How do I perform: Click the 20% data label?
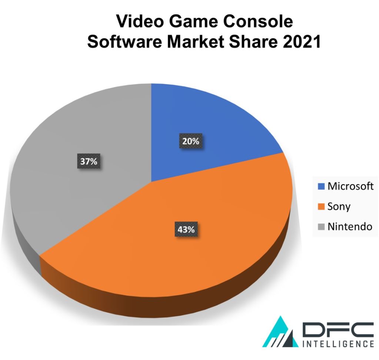(190, 141)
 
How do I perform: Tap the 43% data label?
(186, 229)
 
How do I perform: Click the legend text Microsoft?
(350, 186)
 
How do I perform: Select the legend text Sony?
(339, 207)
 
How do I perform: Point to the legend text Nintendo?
(349, 226)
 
